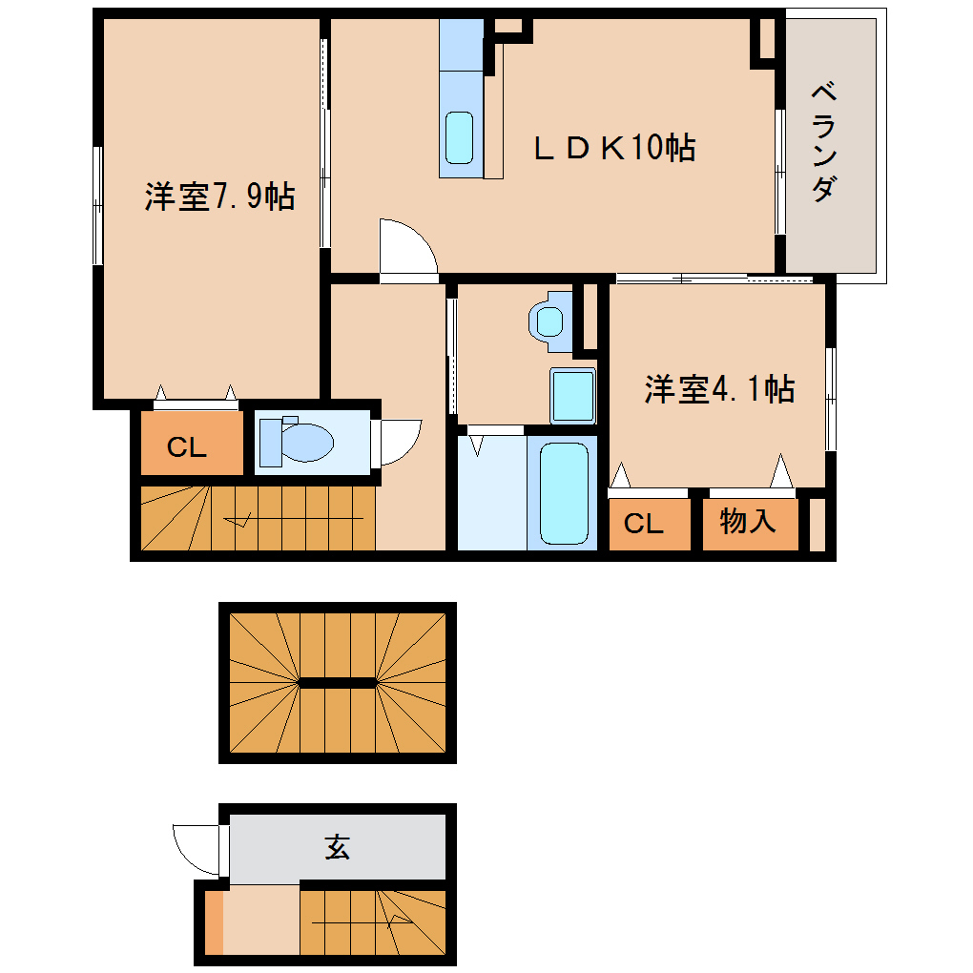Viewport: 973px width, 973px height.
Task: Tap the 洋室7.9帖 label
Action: pos(218,197)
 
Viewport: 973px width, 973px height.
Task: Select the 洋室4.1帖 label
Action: pos(719,389)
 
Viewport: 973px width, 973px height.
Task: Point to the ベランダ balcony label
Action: pos(825,143)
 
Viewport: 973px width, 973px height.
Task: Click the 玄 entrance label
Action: pos(337,847)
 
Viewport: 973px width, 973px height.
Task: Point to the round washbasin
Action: pos(549,320)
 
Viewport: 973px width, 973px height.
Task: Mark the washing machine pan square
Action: pos(572,395)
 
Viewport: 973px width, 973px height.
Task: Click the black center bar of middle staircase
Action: pos(337,682)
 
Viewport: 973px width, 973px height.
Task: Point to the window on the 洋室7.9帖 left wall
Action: pos(97,205)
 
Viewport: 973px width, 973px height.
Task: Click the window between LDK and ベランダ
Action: pos(779,172)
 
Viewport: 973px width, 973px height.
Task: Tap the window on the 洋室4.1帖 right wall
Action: pos(830,399)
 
